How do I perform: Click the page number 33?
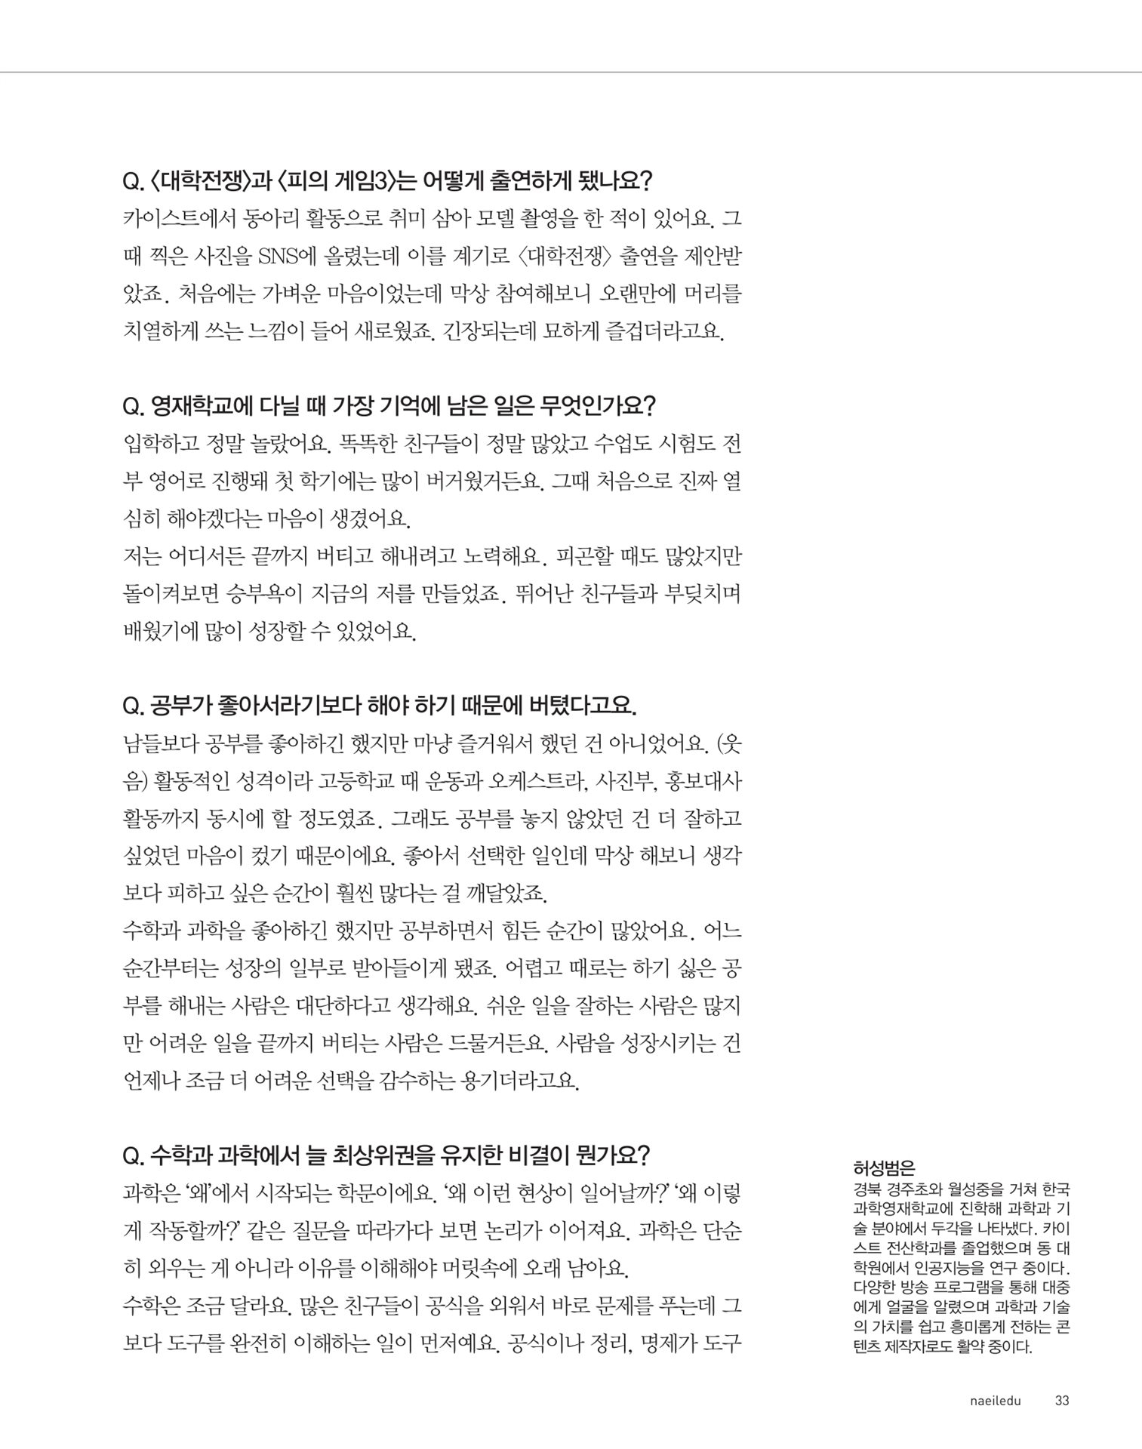click(1061, 1401)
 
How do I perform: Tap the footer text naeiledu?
click(995, 1401)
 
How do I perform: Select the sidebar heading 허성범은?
click(883, 1169)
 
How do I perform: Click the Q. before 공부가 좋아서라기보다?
click(133, 706)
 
